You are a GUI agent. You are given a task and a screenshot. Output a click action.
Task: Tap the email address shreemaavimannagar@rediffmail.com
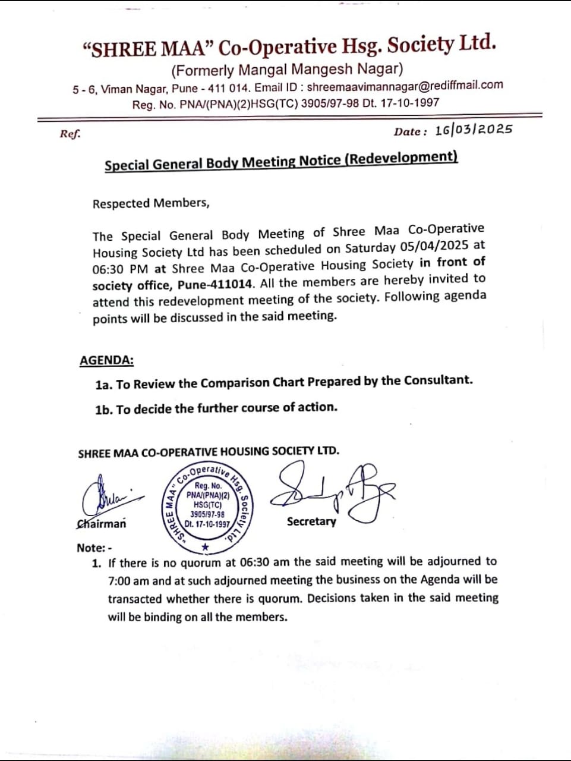(405, 86)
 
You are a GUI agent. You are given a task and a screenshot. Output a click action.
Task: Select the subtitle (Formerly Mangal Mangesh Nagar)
(287, 70)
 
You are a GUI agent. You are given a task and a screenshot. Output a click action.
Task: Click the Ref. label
(70, 134)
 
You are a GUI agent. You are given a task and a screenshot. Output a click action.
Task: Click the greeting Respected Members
(151, 203)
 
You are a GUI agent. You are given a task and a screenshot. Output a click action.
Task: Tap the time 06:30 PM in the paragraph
(120, 269)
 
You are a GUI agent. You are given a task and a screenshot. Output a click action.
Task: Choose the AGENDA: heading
(106, 360)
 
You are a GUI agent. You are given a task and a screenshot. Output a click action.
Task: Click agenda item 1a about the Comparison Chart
(284, 382)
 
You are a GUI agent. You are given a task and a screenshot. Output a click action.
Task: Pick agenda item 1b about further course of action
(216, 408)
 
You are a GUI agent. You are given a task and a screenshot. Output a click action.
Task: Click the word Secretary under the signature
(311, 521)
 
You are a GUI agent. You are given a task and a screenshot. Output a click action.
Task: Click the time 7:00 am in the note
(128, 580)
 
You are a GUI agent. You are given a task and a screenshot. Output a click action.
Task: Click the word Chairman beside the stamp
(102, 524)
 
